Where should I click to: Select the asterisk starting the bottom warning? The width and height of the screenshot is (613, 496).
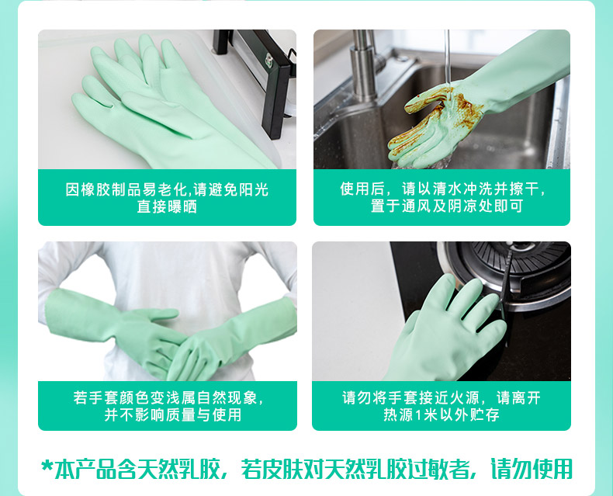tap(47, 467)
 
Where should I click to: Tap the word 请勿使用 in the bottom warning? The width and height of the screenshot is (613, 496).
tap(532, 469)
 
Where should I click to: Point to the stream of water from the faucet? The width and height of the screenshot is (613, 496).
tap(448, 59)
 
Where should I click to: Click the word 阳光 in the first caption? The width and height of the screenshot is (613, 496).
tap(254, 189)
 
